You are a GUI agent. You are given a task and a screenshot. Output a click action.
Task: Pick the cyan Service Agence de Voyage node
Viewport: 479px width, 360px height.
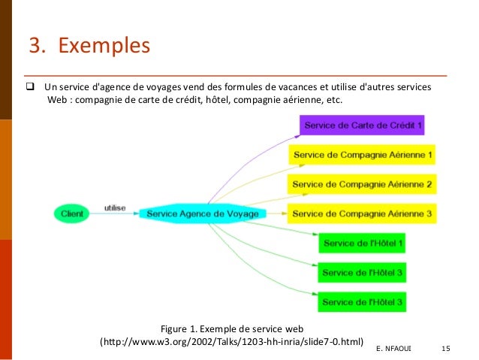coord(202,213)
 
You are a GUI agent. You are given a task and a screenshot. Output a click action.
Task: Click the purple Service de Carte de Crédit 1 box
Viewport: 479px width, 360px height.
coord(362,125)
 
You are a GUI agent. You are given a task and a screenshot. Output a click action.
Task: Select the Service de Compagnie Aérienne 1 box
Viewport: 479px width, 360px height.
coord(362,155)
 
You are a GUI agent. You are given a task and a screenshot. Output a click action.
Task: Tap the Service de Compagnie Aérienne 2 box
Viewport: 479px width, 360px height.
coord(362,184)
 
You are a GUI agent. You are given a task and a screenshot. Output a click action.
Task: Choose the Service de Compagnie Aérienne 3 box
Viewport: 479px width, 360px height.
coord(362,213)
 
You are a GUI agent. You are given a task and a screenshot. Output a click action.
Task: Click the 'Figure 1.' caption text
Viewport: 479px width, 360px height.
coord(182,328)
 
